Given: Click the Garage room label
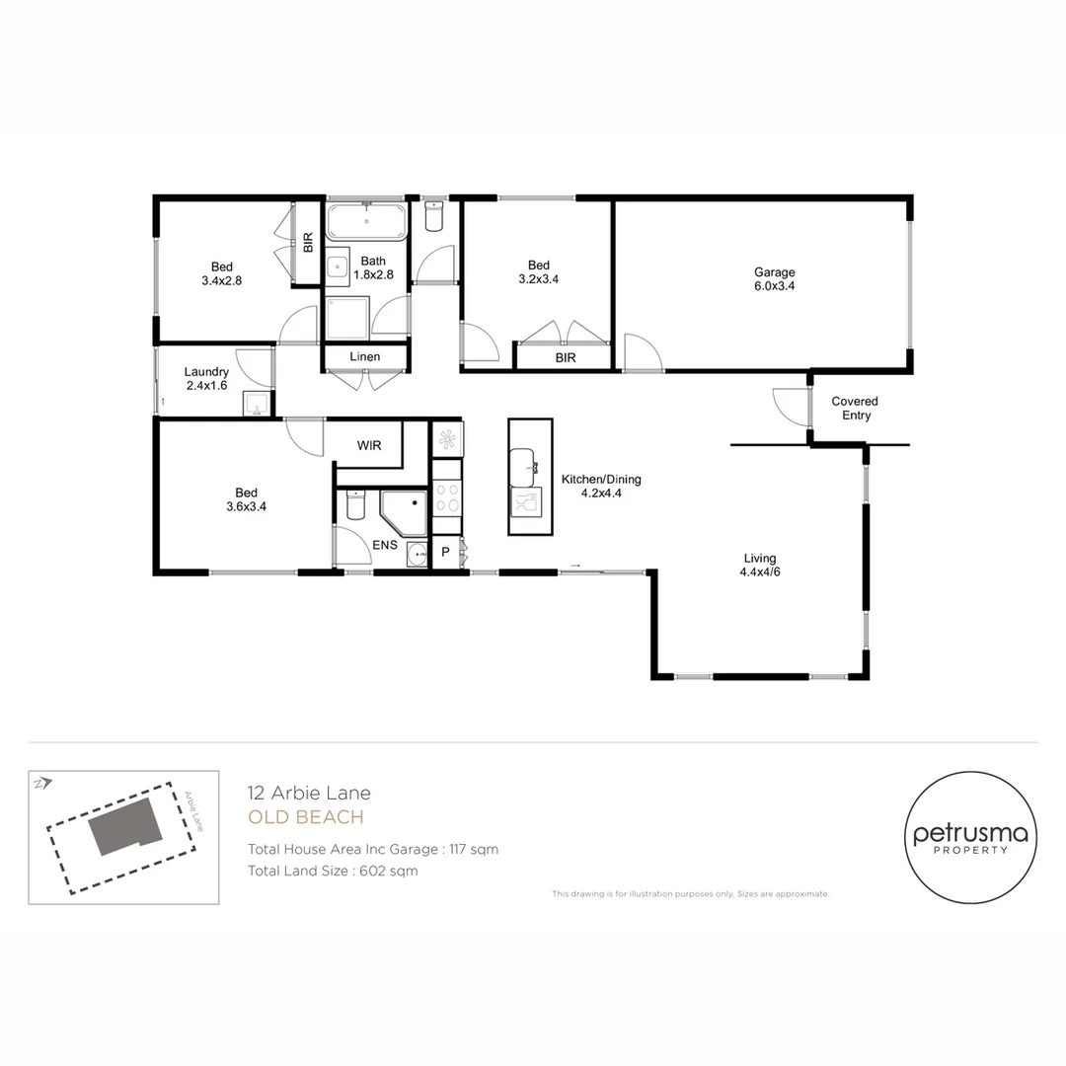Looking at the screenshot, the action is click(775, 272).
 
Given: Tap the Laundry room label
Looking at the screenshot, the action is click(206, 372).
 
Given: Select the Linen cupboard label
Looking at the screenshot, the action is click(365, 356).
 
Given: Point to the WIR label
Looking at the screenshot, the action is click(369, 445).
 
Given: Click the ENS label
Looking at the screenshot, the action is click(385, 545).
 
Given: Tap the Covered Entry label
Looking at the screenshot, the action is click(855, 408).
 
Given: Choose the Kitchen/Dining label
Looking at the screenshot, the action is click(601, 480).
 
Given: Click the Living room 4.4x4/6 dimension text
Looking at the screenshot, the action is click(760, 571).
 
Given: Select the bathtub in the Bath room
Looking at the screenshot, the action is click(366, 221).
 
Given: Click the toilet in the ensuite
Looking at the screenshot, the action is click(356, 503).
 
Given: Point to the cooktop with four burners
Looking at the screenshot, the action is click(447, 496).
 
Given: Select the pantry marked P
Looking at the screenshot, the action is click(446, 552).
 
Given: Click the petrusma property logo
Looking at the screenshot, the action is click(971, 838).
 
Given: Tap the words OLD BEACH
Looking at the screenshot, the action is click(306, 817).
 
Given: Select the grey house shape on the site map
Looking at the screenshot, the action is click(125, 826).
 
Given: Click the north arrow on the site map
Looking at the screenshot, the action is click(42, 783).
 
